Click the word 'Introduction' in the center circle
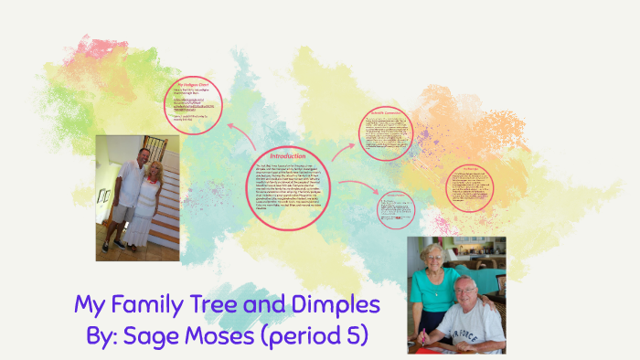coord(288,155)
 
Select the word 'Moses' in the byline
coord(219,335)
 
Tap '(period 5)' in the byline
coord(316,335)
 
